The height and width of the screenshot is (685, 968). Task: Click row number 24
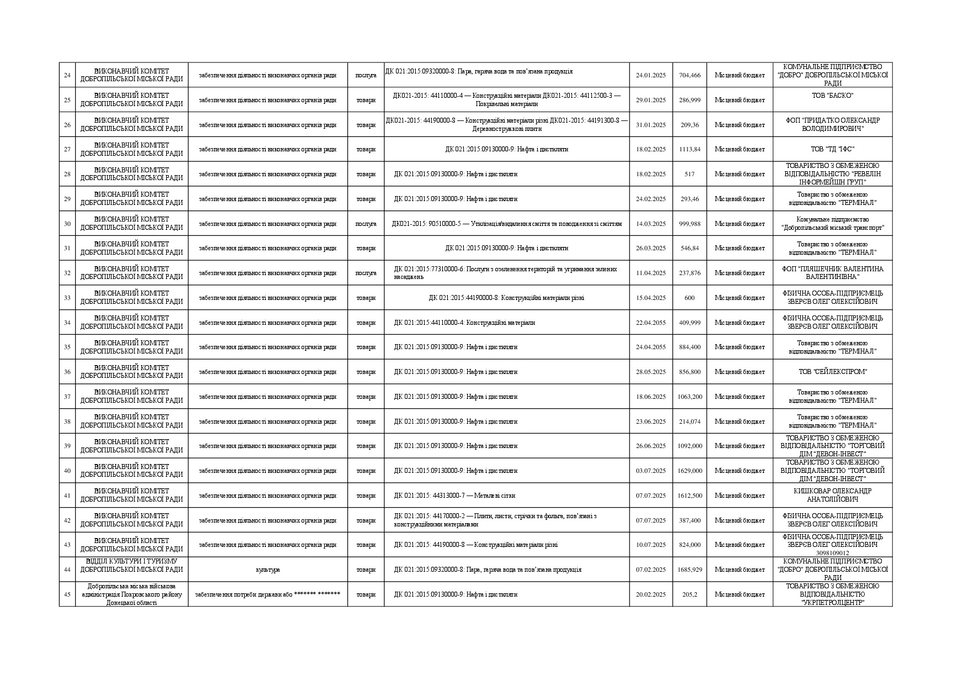tap(67, 75)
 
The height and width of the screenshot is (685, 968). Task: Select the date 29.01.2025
tap(650, 100)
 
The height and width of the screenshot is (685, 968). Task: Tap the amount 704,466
tap(690, 75)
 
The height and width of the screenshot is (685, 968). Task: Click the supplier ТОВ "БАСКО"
tap(832, 96)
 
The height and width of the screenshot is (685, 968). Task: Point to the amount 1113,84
tap(690, 149)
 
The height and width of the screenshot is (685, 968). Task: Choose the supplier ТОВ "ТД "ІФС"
tap(832, 149)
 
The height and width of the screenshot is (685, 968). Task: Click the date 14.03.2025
tap(650, 224)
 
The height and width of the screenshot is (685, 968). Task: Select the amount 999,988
tap(690, 224)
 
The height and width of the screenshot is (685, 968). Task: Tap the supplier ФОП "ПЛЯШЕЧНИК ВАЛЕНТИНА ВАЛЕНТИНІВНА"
tap(832, 273)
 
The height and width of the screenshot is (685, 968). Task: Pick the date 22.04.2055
tap(650, 323)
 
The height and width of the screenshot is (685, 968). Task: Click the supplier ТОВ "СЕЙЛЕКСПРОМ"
tap(832, 372)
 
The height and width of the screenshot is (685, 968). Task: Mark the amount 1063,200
tap(690, 397)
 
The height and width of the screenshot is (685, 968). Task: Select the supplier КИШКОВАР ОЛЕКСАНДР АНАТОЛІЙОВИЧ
tap(832, 495)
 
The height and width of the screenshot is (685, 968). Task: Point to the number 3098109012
tap(832, 553)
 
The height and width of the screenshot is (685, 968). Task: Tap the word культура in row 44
tap(268, 570)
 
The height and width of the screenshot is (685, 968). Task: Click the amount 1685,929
tap(690, 570)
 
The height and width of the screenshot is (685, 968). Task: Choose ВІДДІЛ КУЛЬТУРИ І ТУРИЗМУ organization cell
tap(131, 565)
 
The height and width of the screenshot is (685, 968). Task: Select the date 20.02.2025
tap(650, 594)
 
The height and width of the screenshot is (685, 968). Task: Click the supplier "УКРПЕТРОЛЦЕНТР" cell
tap(832, 594)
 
